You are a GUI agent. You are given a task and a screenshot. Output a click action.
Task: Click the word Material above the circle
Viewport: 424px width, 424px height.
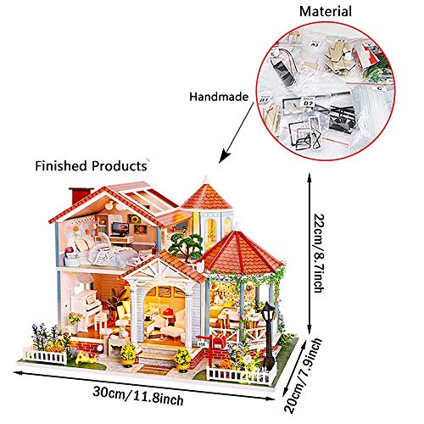(326, 12)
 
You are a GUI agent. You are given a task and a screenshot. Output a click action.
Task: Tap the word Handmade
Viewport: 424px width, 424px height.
(219, 97)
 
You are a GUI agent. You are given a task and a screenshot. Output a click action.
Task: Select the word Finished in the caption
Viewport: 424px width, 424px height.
(61, 165)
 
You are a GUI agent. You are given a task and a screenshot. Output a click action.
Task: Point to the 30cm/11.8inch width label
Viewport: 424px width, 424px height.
(138, 395)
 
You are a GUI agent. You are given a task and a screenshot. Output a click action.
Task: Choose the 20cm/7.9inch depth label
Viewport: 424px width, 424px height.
(304, 376)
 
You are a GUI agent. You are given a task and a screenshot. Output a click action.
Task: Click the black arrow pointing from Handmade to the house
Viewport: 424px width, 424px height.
(237, 133)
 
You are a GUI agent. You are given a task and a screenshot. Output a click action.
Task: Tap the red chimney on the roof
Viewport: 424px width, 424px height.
(80, 195)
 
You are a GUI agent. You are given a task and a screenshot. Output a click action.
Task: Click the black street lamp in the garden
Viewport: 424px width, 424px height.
(268, 336)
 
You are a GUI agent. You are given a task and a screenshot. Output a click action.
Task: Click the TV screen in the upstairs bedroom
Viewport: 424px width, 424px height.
(120, 228)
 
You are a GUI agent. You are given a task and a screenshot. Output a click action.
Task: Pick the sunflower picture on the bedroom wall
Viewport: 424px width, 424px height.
(134, 219)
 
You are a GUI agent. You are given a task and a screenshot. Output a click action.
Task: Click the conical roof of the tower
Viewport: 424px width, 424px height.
(206, 196)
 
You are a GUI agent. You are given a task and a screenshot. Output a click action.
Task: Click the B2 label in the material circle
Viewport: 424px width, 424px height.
(308, 103)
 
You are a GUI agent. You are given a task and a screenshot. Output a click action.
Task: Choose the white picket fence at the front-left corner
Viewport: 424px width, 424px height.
(45, 356)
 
